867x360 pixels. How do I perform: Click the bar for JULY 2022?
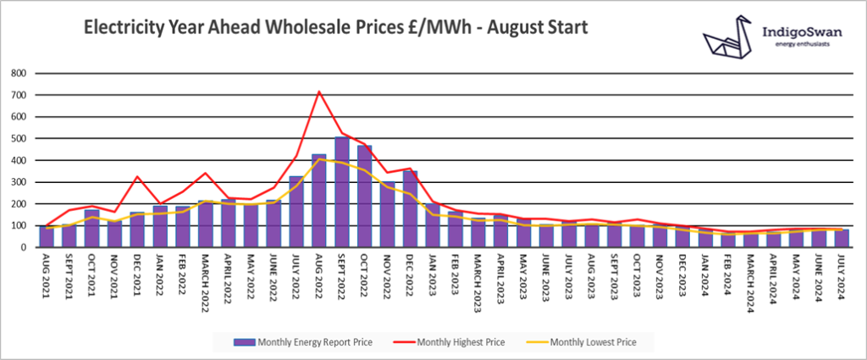tap(296, 211)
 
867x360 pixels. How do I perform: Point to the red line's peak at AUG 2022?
tap(318, 91)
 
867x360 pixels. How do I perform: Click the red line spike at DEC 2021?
tap(136, 176)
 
